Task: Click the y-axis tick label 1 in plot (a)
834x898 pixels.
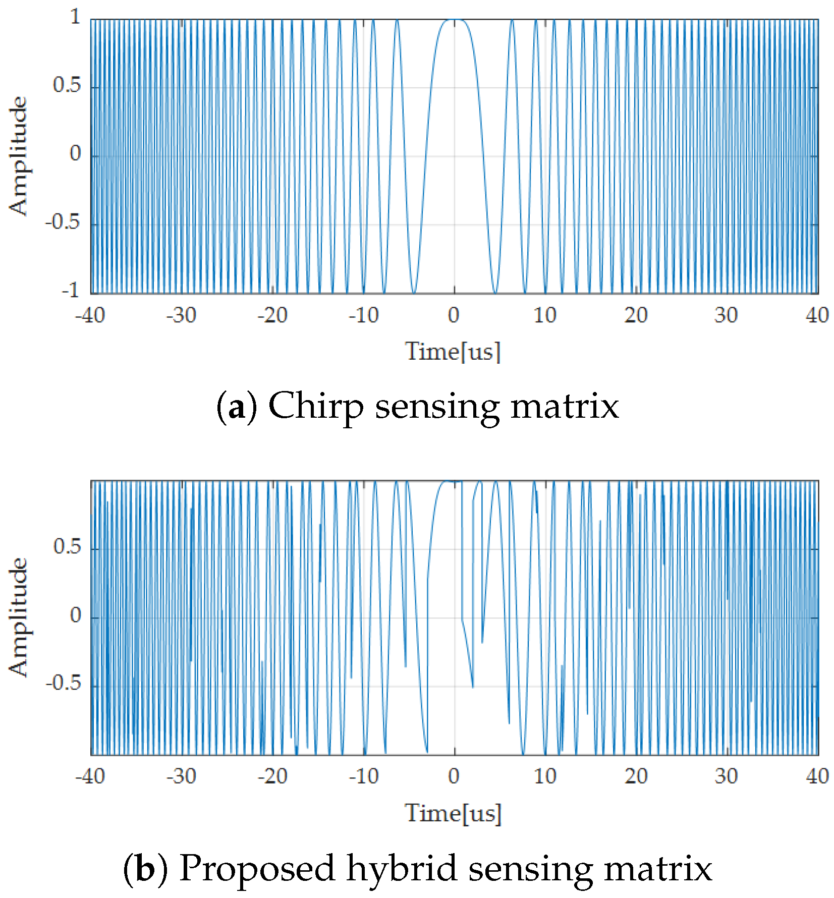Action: [75, 18]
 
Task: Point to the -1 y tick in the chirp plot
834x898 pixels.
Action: [71, 291]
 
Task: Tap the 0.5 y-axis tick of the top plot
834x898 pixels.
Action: [67, 85]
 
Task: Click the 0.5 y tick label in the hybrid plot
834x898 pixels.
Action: [67, 546]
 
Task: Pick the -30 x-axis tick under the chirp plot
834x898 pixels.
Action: [181, 316]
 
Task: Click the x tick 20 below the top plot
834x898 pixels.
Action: [636, 316]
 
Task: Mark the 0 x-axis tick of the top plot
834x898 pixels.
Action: [454, 316]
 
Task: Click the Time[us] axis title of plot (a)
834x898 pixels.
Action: [453, 352]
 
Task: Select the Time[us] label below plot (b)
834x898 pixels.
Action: [453, 813]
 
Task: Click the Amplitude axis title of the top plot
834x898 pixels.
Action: [19, 156]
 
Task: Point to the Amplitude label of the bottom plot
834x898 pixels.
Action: [19, 617]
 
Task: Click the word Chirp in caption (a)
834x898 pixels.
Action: [316, 406]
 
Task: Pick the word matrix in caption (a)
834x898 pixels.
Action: [565, 406]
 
